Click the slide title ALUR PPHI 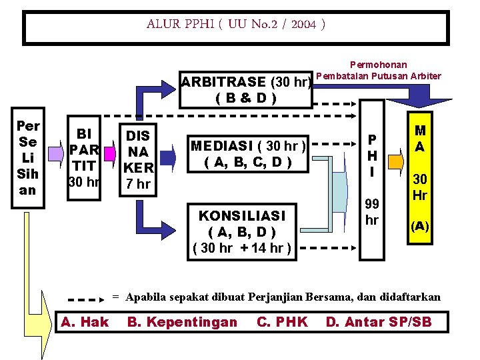tap(237, 25)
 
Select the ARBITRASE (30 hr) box tap(247, 90)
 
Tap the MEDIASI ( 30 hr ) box tap(249, 154)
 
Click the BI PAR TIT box tap(85, 158)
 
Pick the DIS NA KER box tap(138, 158)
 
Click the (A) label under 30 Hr tap(420, 225)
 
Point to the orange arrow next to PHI tap(395, 161)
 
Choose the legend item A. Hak tap(85, 323)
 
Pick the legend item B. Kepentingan tap(182, 323)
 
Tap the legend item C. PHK tap(282, 323)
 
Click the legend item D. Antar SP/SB tap(379, 323)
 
